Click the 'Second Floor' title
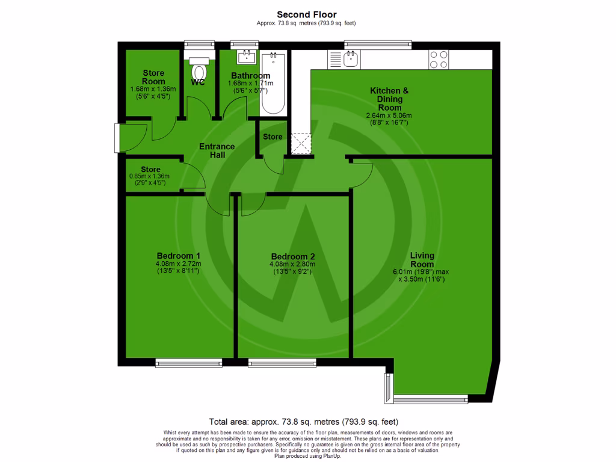point(307,14)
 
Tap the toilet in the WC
point(198,69)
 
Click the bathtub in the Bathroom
point(274,84)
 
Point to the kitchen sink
point(350,59)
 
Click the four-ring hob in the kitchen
point(438,59)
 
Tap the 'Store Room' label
point(153,77)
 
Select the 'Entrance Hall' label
point(217,150)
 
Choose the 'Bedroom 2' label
point(292,256)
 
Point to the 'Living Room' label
point(422,260)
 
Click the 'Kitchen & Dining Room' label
point(389,99)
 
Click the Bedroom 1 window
point(188,362)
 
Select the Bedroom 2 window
point(282,362)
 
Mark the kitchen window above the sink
point(378,45)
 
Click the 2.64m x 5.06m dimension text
point(389,115)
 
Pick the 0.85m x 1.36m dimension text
point(150,176)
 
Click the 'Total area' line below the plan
point(303,421)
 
